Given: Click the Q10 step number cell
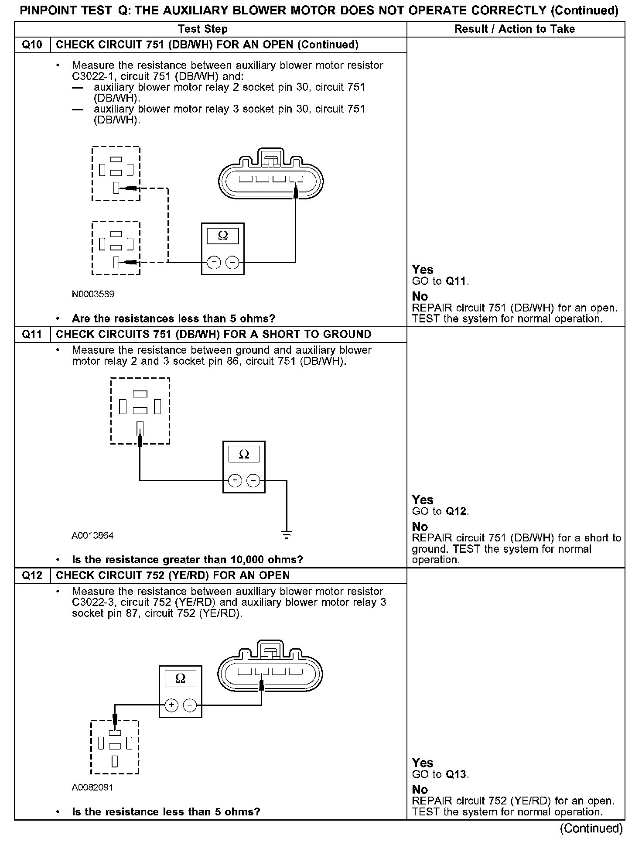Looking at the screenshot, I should click(32, 45).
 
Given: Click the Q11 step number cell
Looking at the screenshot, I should click(32, 334).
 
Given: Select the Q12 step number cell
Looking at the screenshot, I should click(32, 575).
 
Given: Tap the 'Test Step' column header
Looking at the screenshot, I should click(203, 29).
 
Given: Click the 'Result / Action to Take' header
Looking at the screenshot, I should click(515, 29).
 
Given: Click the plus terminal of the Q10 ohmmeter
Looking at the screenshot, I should click(213, 262).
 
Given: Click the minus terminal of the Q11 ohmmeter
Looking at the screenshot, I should click(253, 480).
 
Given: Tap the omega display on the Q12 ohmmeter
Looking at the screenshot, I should click(180, 679).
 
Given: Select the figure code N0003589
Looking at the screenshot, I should click(93, 294).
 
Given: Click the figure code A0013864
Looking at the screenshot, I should click(92, 535).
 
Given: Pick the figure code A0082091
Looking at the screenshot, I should click(92, 787).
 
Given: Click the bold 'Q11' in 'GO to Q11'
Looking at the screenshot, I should click(456, 281).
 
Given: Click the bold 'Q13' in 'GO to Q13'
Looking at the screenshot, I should click(456, 775).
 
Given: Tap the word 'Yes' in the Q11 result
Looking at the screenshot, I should click(422, 500).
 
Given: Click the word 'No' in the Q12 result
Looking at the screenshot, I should click(420, 790).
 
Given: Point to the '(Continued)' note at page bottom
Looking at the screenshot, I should click(591, 828).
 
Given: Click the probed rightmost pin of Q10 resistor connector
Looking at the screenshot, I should click(296, 179).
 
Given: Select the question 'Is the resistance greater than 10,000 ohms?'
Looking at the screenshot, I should click(188, 559).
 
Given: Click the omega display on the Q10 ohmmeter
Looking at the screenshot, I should click(222, 236).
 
